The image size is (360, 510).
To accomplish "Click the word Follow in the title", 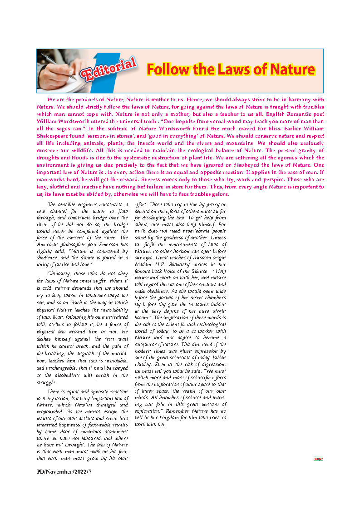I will coord(166,70).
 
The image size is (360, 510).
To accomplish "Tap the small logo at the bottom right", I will coord(318,459).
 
